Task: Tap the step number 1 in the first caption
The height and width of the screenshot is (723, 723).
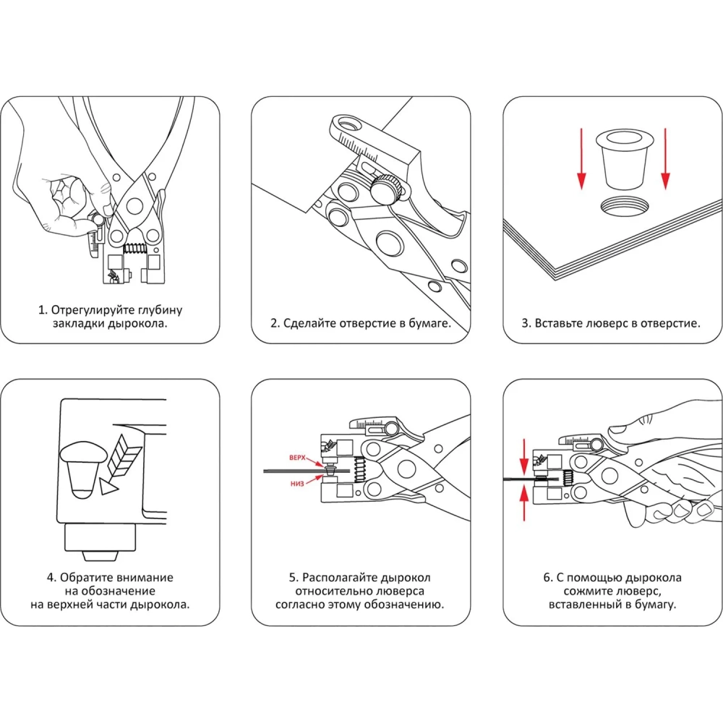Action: tap(42, 310)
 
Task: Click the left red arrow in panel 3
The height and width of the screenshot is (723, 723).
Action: tap(581, 159)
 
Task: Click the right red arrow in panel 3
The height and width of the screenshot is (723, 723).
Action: tap(666, 159)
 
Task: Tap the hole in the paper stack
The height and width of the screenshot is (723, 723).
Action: tap(627, 206)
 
